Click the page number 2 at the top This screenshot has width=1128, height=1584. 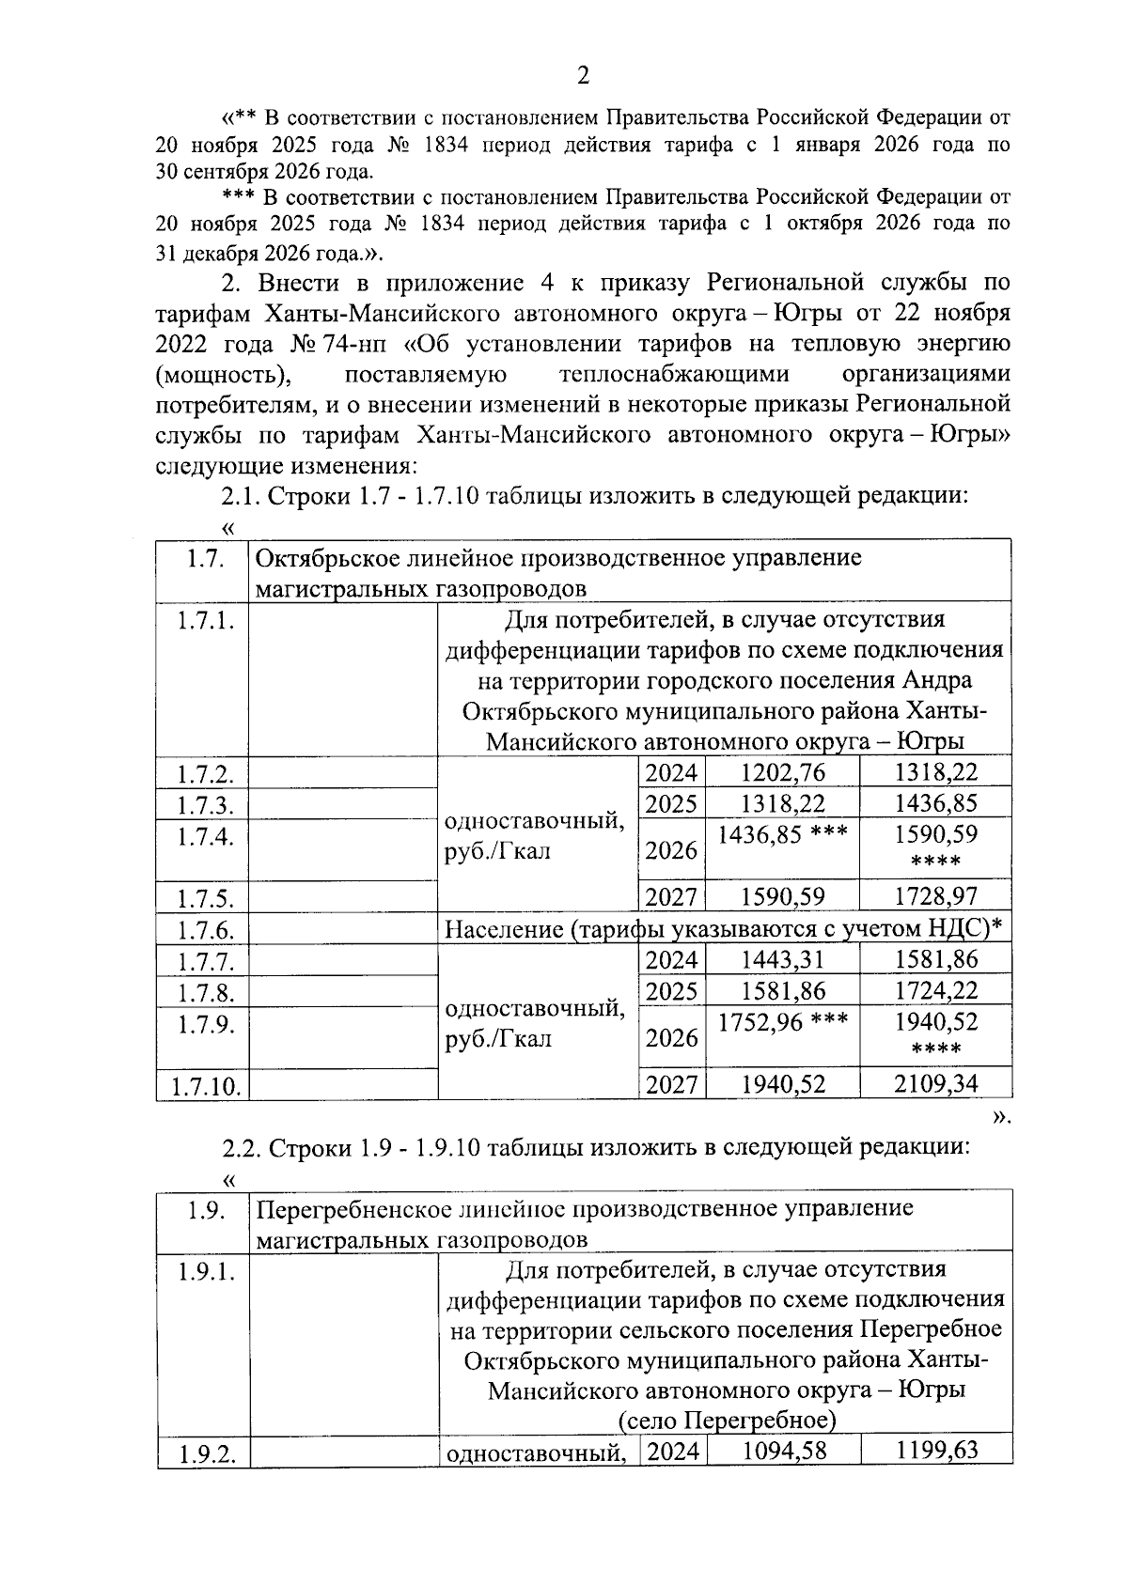pyautogui.click(x=582, y=75)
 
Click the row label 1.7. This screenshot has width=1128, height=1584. pyautogui.click(x=203, y=559)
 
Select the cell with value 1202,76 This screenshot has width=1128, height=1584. pyautogui.click(x=782, y=772)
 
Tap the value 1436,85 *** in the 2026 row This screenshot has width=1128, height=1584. pyautogui.click(x=782, y=834)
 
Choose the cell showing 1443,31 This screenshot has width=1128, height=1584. pyautogui.click(x=782, y=959)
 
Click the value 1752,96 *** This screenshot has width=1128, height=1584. pyautogui.click(x=782, y=1021)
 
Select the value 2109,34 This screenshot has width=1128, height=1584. pyautogui.click(x=935, y=1084)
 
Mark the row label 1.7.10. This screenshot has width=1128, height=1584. pyautogui.click(x=205, y=1087)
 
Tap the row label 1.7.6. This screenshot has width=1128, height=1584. pyautogui.click(x=205, y=930)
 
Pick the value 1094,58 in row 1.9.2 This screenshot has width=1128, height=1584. pyautogui.click(x=784, y=1451)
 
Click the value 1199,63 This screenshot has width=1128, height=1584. pyautogui.click(x=936, y=1451)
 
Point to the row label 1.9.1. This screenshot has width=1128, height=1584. pyautogui.click(x=205, y=1273)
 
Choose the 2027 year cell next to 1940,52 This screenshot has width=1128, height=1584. pyautogui.click(x=671, y=1084)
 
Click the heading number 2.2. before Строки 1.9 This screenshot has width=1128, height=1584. pyautogui.click(x=242, y=1147)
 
